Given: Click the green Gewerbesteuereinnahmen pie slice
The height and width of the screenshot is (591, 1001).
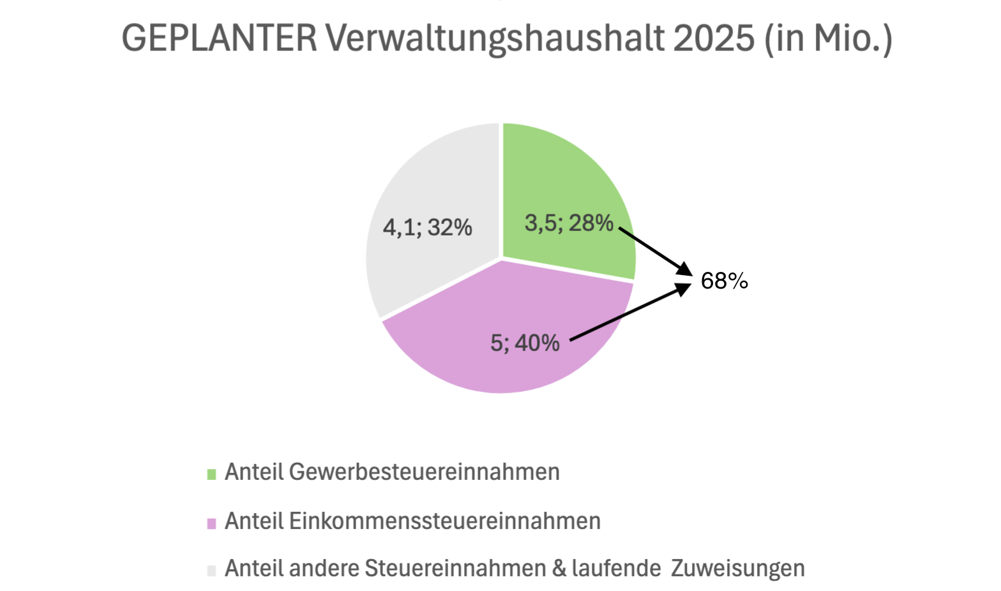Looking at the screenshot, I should [562, 179].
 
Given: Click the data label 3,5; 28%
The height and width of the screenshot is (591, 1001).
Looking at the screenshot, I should [569, 223].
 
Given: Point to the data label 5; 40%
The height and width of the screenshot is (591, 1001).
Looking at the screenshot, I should [525, 343].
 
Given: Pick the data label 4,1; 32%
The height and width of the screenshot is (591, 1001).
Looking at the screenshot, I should [427, 227].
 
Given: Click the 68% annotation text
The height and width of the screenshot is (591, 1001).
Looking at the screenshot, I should [724, 281].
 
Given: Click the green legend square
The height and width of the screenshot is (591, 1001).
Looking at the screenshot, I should [212, 474].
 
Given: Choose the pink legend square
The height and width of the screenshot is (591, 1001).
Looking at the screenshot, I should [212, 523].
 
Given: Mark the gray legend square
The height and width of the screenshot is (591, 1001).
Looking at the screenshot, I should [212, 570].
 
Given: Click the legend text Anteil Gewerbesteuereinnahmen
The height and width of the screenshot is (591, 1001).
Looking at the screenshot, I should [392, 472].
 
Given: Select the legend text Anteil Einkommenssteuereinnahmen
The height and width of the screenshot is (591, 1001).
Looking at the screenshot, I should [412, 521].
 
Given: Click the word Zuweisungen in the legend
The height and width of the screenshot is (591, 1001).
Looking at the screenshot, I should [737, 568].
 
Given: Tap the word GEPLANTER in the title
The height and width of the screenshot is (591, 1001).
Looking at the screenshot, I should [219, 38].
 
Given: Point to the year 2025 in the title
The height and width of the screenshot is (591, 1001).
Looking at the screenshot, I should [714, 38].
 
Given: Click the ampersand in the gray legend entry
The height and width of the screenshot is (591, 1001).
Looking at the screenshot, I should [559, 568].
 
